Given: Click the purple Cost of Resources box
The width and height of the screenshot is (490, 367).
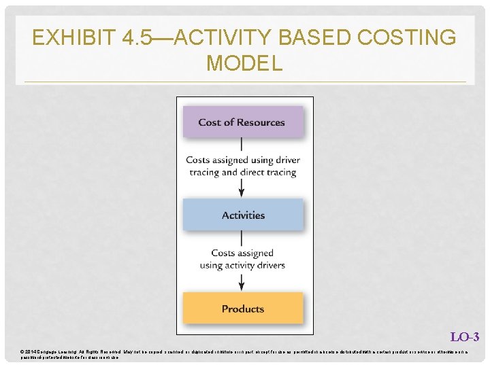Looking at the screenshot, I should (242, 122).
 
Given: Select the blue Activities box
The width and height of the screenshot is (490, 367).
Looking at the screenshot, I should (242, 215).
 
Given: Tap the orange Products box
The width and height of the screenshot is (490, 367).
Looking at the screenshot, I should (242, 309).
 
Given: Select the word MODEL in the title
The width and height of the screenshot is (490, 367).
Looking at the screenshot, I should (244, 63).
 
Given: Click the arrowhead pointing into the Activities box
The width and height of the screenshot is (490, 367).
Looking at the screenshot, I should (242, 193).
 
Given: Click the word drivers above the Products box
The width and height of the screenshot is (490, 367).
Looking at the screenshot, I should (269, 265).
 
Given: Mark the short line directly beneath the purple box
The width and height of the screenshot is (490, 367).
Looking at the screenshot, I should (242, 145).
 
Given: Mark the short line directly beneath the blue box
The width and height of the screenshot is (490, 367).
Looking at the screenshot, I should (242, 238).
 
